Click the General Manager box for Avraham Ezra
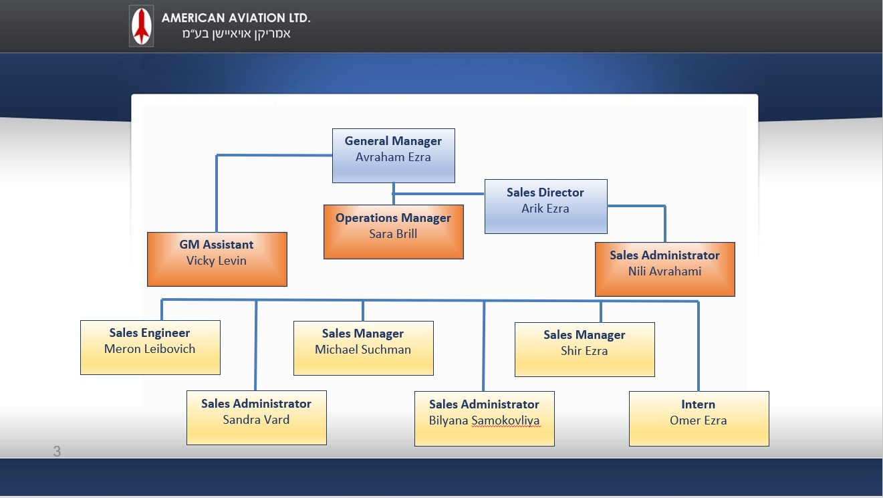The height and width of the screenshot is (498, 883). coord(394,155)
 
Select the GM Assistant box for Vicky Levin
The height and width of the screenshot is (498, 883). coord(217,259)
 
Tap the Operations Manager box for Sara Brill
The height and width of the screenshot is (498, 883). coord(394,232)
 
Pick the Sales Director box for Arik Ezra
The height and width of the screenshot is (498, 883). coord(546,207)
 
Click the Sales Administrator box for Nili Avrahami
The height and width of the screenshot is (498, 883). coord(665,269)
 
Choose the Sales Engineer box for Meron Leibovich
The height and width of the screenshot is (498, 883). coord(150,348)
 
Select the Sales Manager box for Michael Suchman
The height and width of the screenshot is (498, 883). coord(364,348)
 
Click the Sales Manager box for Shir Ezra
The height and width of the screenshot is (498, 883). coord(585,350)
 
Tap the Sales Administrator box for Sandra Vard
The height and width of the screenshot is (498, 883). coord(257,418)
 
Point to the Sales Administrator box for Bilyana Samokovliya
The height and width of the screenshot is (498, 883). coord(485,418)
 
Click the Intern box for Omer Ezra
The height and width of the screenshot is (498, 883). coord(699,418)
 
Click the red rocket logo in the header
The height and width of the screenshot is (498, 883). coord(142,26)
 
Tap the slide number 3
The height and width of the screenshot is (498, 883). coord(57,451)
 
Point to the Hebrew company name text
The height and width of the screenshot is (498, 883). coord(236,34)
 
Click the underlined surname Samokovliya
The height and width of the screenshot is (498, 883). coord(505,420)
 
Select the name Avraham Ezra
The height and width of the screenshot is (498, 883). coord(393,157)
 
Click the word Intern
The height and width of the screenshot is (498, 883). coord(698,404)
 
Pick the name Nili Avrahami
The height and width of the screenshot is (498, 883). coord(664,271)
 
